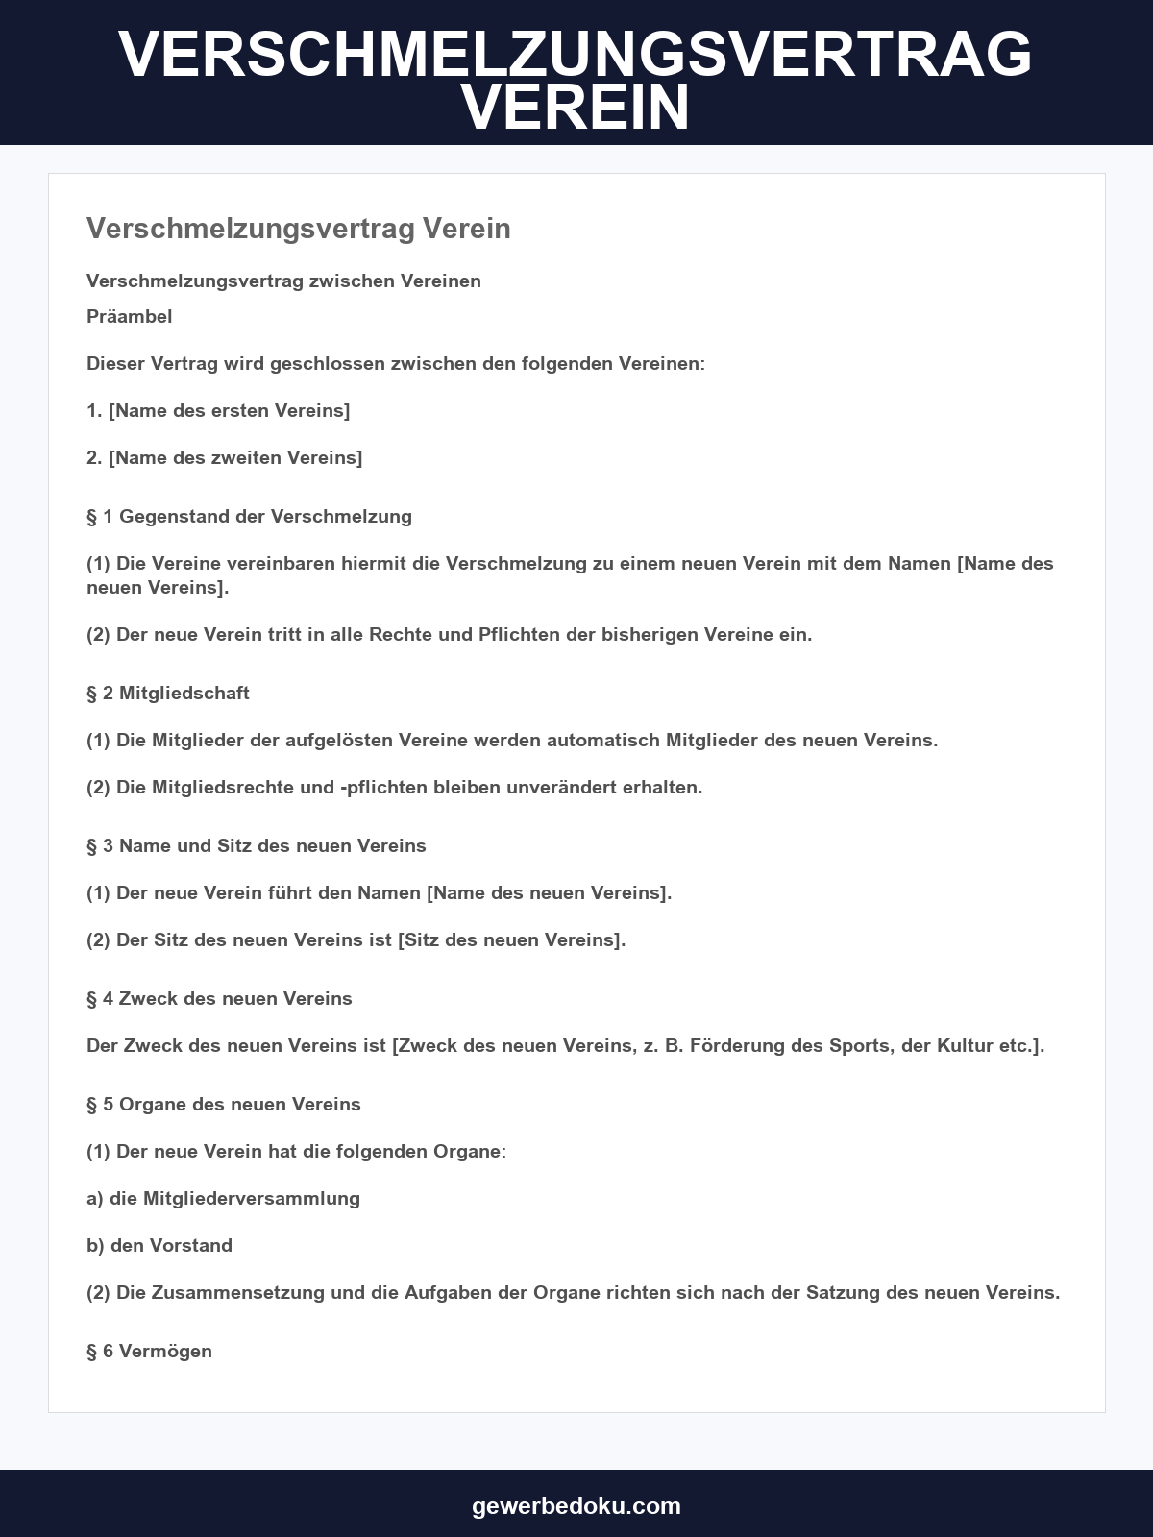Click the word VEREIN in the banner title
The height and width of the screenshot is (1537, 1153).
pyautogui.click(x=576, y=108)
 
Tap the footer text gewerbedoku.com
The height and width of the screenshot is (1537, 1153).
pyautogui.click(x=576, y=1505)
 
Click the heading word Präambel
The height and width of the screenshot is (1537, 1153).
pyautogui.click(x=130, y=316)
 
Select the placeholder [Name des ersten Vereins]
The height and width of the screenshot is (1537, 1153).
pyautogui.click(x=229, y=410)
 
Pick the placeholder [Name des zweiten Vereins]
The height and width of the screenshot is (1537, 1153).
pyautogui.click(x=235, y=457)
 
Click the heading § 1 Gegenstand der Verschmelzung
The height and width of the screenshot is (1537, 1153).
pyautogui.click(x=249, y=516)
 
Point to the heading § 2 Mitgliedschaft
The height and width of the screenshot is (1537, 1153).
pyautogui.click(x=168, y=693)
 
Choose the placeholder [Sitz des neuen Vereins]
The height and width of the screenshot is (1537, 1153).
pyautogui.click(x=511, y=939)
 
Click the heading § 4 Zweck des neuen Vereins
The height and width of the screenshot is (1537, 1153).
pyautogui.click(x=219, y=998)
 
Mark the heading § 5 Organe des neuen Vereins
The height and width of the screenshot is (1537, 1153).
pyautogui.click(x=224, y=1104)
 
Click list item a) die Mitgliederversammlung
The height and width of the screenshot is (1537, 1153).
pyautogui.click(x=223, y=1198)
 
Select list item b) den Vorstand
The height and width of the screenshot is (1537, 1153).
pyautogui.click(x=159, y=1245)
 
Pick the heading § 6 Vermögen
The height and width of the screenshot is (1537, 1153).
pyautogui.click(x=149, y=1351)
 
